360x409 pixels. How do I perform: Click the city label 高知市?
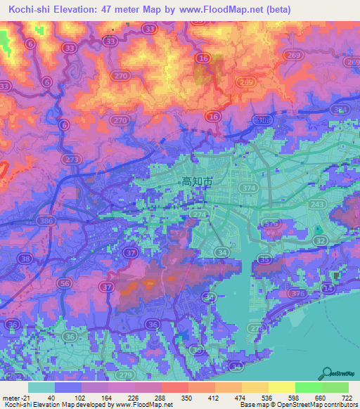(197, 181)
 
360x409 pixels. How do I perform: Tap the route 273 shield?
(72, 160)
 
